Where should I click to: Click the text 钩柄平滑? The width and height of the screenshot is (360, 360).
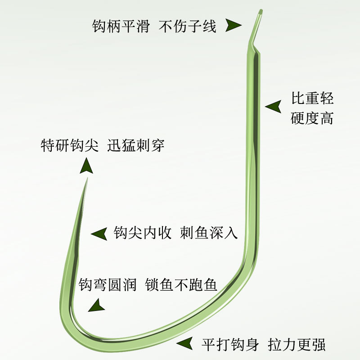click(x=121, y=26)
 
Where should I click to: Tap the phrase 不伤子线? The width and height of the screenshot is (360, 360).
click(x=188, y=26)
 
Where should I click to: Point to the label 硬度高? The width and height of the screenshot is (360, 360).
click(x=312, y=118)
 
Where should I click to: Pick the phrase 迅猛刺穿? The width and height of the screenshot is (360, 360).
click(x=136, y=146)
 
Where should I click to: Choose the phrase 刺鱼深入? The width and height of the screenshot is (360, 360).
click(x=209, y=233)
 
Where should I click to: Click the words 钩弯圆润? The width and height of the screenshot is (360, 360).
click(x=108, y=285)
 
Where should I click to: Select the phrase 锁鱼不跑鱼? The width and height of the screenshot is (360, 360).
click(x=181, y=285)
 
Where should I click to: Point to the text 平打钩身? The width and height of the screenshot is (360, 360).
click(x=230, y=345)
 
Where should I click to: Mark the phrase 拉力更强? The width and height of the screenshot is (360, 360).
click(x=297, y=345)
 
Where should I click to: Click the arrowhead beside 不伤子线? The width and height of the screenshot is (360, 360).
click(x=234, y=26)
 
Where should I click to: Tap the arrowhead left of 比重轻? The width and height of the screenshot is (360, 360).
click(x=273, y=107)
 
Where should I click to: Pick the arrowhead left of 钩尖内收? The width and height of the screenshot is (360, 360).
click(x=99, y=234)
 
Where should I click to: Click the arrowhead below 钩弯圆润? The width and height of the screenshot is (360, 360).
click(x=95, y=307)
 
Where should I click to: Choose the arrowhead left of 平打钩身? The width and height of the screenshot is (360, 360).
click(x=185, y=344)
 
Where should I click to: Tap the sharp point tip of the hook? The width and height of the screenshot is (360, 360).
click(x=86, y=179)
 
